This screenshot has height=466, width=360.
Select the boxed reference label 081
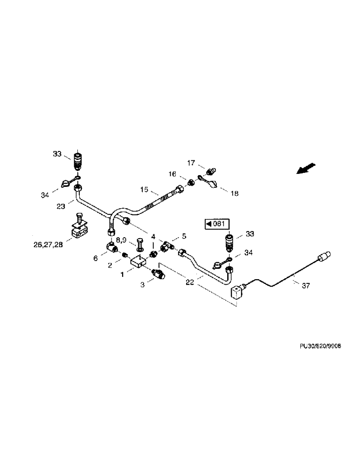pyautogui.click(x=215, y=224)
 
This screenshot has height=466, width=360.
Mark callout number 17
pyautogui.click(x=191, y=164)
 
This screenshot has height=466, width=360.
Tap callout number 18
pyautogui.click(x=234, y=193)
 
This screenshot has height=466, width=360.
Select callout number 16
pyautogui.click(x=172, y=174)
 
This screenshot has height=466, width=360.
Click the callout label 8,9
pyautogui.click(x=121, y=240)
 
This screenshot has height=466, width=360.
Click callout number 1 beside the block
pyautogui.click(x=122, y=275)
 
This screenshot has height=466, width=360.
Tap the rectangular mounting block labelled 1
pyautogui.click(x=138, y=263)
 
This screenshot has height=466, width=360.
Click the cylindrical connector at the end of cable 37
pyautogui.click(x=324, y=255)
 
